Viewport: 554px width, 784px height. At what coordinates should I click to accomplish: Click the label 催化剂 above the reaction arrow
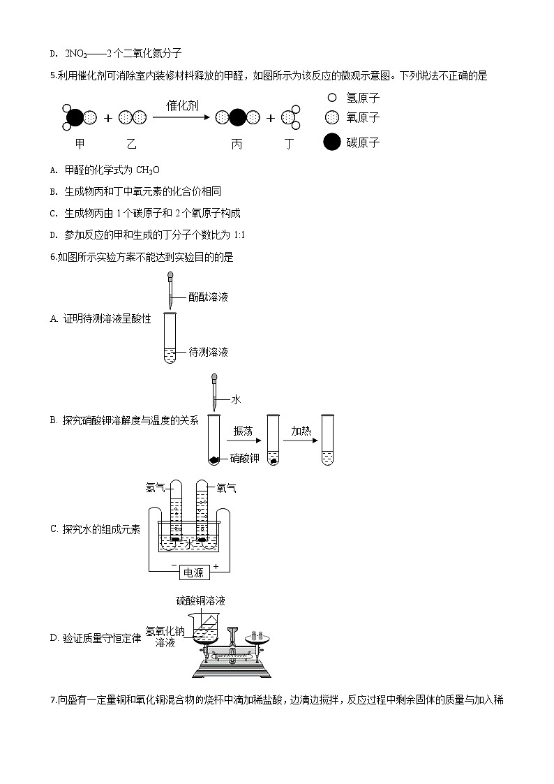pyautogui.click(x=182, y=105)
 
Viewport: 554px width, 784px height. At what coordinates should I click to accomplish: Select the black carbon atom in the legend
pyautogui.click(x=332, y=142)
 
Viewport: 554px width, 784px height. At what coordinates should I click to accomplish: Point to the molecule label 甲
pyautogui.click(x=79, y=144)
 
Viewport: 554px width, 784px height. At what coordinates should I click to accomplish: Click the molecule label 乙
pyautogui.click(x=131, y=144)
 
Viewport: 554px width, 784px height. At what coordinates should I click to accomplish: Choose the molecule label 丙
pyautogui.click(x=237, y=144)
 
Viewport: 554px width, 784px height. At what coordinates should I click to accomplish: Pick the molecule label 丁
pyautogui.click(x=290, y=144)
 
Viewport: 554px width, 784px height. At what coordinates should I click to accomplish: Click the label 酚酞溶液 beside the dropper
pyautogui.click(x=208, y=297)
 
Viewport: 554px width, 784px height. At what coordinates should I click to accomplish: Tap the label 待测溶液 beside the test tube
pyautogui.click(x=208, y=352)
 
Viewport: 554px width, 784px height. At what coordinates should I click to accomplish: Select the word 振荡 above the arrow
pyautogui.click(x=244, y=431)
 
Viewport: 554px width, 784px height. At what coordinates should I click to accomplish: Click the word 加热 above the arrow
pyautogui.click(x=301, y=431)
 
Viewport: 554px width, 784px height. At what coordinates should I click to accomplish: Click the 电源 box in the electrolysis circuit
pyautogui.click(x=193, y=572)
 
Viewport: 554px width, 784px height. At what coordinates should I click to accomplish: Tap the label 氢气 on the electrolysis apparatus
pyautogui.click(x=155, y=487)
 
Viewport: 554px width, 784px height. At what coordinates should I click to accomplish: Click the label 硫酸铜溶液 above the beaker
pyautogui.click(x=200, y=600)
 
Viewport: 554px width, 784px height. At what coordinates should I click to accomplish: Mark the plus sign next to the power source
pyautogui.click(x=216, y=565)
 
